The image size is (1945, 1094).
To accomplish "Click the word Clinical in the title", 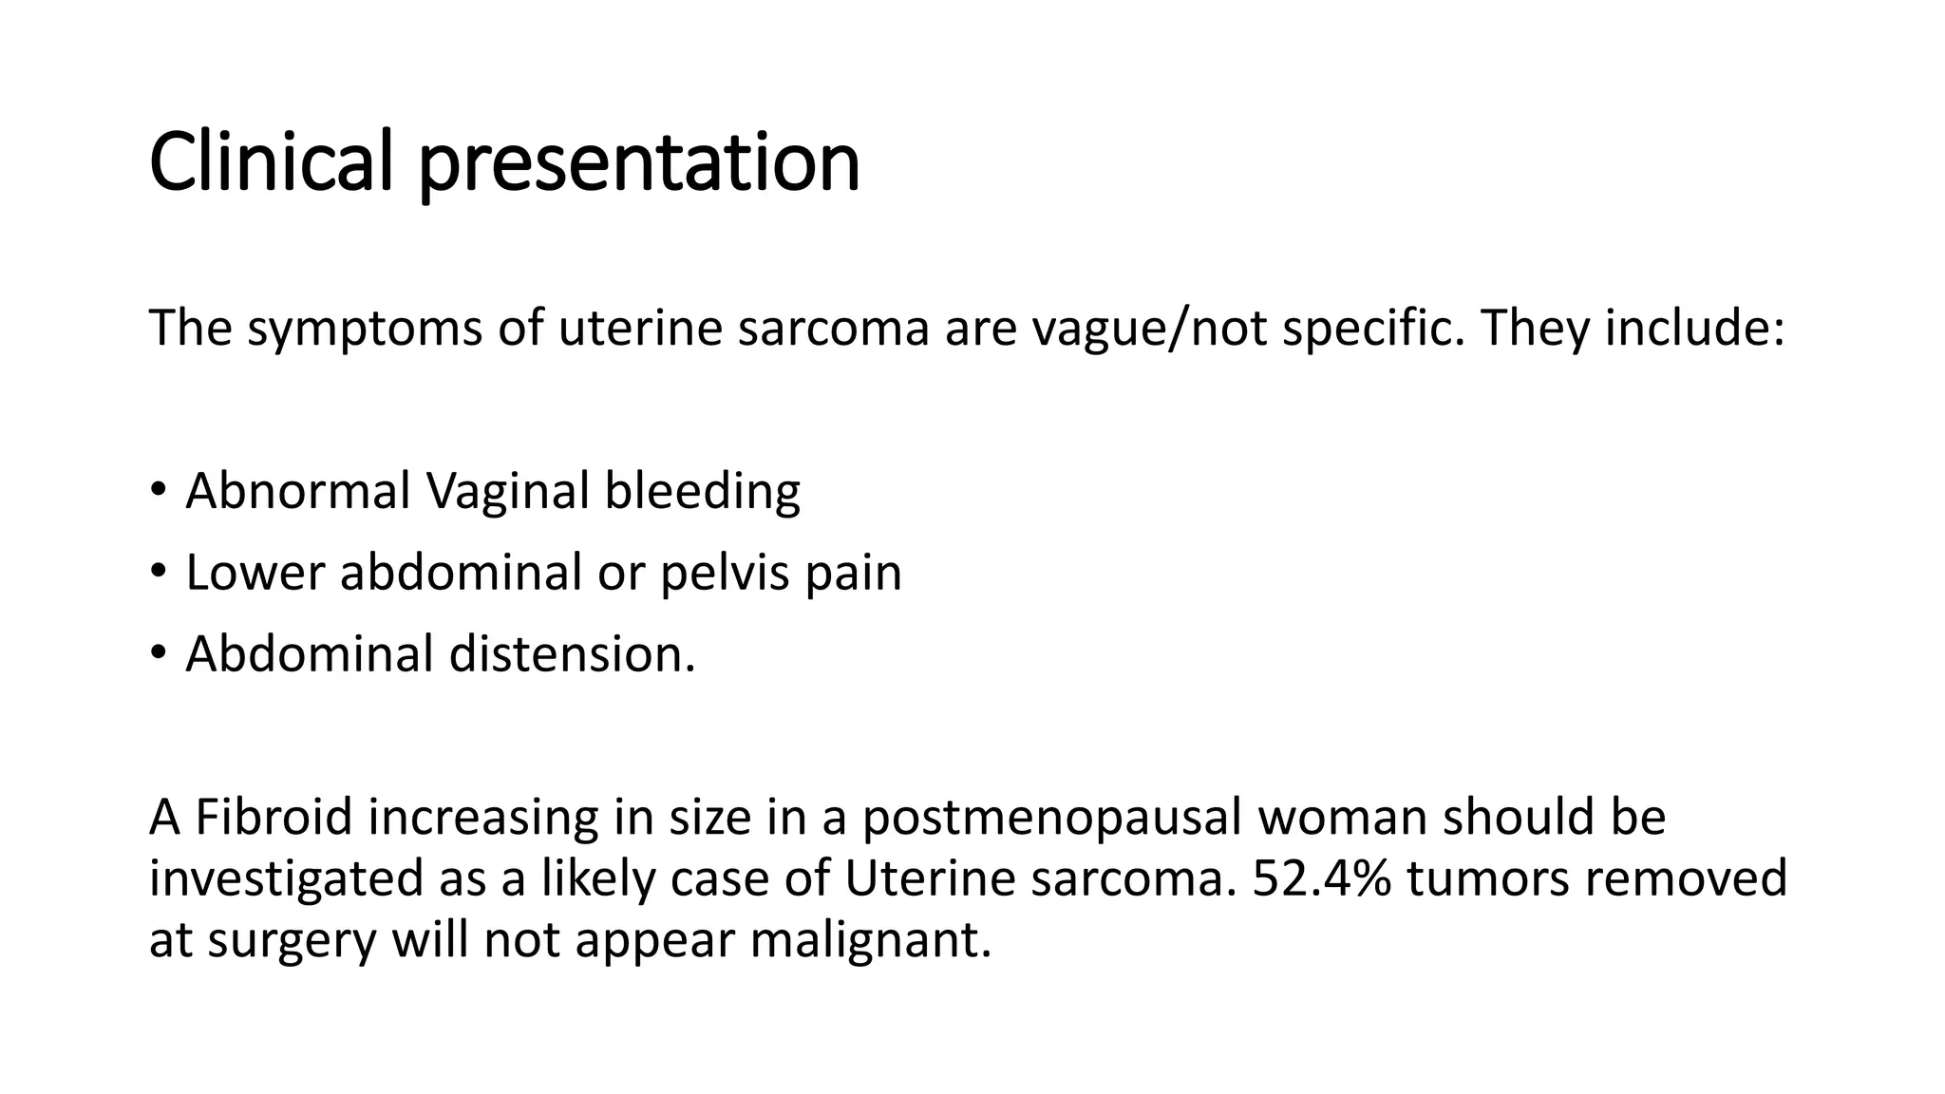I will pos(271,161).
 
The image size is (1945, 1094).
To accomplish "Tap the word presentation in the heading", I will pos(639,163).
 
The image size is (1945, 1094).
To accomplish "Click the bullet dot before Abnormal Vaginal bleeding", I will pos(158,490).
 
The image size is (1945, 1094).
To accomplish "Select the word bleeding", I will pos(702,492).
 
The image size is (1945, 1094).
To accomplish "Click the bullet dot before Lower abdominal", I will pos(158,572).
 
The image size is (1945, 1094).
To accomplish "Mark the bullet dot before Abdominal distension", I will pos(158,653).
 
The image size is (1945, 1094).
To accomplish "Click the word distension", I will pos(572,654).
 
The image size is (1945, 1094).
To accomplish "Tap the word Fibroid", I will pos(274,817).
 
